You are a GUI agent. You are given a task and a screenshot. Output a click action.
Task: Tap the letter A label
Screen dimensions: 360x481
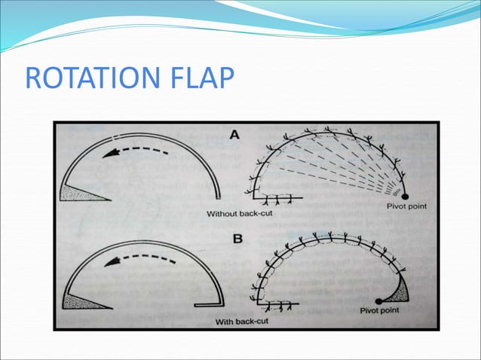(235, 135)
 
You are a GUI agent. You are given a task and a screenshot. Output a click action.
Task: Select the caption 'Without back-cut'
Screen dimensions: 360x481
(243, 215)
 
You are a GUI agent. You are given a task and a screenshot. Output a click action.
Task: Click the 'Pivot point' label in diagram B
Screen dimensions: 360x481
(380, 309)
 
